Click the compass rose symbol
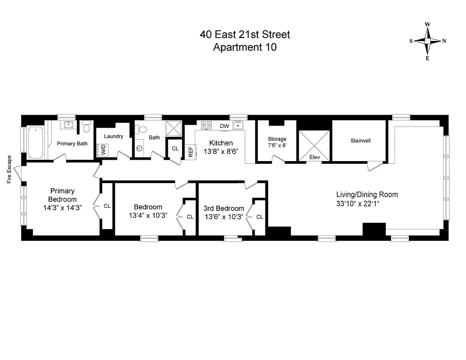pos(427,41)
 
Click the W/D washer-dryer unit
pos(103,150)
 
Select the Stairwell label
pos(360,141)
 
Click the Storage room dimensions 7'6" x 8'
pos(277,145)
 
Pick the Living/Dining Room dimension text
pos(367,203)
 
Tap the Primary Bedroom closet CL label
pos(107,206)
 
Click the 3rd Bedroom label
pos(224,208)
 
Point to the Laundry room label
pos(113,136)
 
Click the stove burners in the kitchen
pos(207,125)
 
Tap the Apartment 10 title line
pos(245,47)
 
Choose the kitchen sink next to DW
pos(238,125)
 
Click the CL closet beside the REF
pos(175,148)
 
